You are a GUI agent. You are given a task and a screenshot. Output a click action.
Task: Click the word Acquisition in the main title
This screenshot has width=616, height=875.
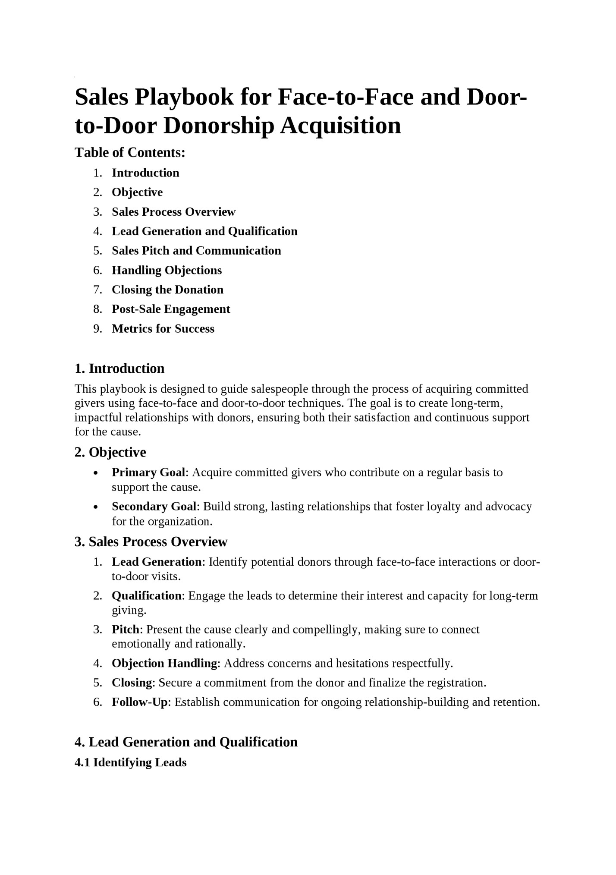pyautogui.click(x=341, y=126)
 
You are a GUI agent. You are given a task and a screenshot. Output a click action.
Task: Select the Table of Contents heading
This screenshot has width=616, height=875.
pyautogui.click(x=130, y=152)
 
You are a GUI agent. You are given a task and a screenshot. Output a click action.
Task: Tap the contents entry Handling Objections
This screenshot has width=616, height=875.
pyautogui.click(x=167, y=270)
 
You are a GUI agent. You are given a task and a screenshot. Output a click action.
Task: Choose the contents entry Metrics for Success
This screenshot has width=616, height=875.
pyautogui.click(x=163, y=329)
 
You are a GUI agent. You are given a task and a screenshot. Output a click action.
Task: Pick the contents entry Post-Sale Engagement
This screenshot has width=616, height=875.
pyautogui.click(x=171, y=309)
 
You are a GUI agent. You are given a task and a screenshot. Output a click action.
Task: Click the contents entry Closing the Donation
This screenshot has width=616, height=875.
pyautogui.click(x=167, y=290)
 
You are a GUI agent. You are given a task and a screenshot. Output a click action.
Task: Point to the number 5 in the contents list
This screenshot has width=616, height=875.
pyautogui.click(x=97, y=251)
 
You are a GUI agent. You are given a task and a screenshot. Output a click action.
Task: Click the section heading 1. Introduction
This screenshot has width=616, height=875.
pyautogui.click(x=119, y=368)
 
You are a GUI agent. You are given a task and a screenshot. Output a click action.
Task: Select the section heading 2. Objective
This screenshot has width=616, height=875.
pyautogui.click(x=110, y=452)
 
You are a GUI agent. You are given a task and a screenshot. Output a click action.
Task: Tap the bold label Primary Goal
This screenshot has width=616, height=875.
pyautogui.click(x=148, y=472)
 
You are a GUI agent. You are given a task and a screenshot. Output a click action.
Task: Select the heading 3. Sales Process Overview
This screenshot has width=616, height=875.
pyautogui.click(x=151, y=541)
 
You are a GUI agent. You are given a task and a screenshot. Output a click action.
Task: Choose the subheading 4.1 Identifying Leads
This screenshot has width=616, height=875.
pyautogui.click(x=131, y=762)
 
